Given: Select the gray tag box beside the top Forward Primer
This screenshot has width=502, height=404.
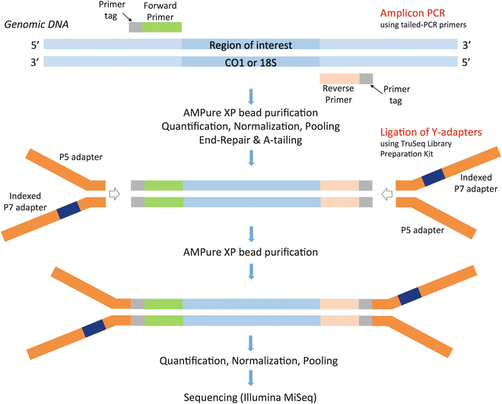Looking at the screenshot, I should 135,26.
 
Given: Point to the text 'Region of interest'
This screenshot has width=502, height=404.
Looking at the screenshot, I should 250,45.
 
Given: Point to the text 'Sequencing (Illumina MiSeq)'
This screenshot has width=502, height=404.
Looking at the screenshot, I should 250,396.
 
